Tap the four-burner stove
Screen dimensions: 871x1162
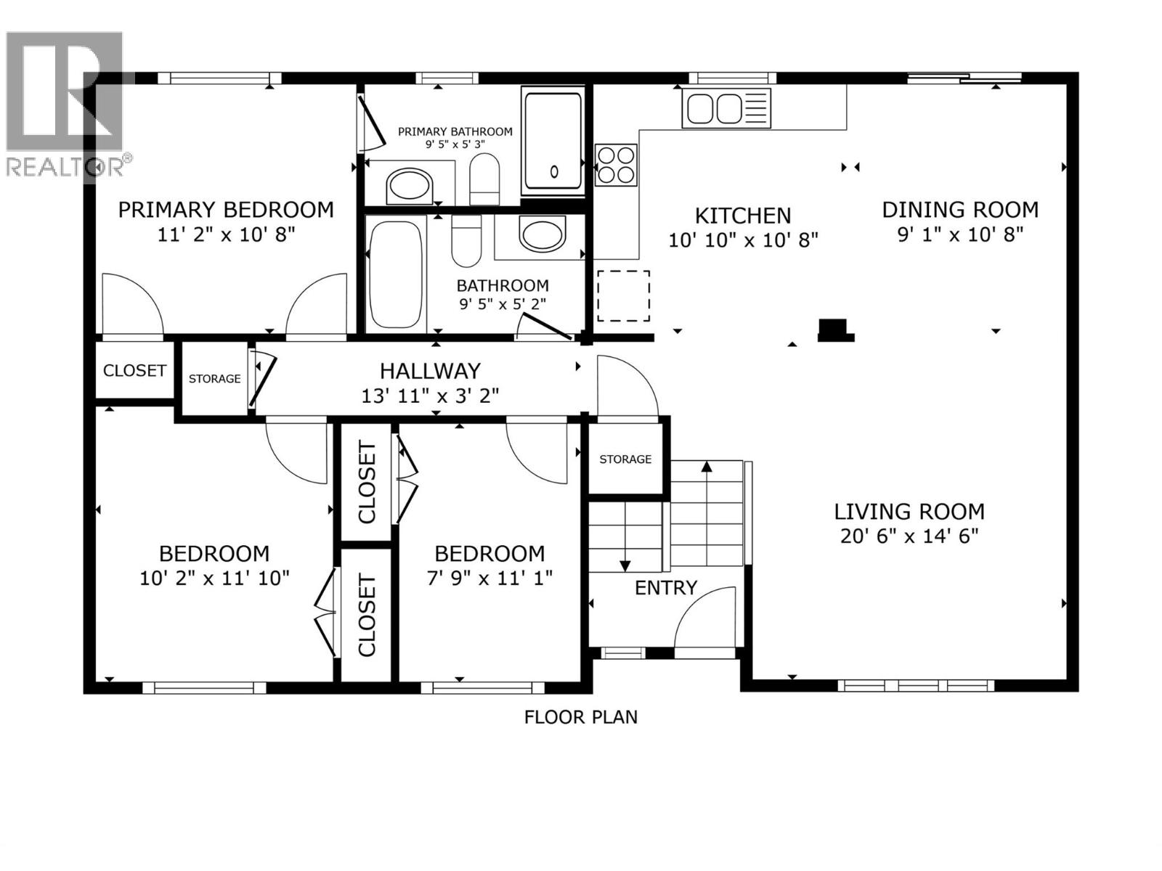click(616, 164)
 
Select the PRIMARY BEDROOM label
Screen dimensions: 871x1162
click(226, 210)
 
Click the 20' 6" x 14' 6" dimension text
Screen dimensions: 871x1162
click(909, 536)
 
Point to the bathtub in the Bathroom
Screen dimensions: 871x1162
click(396, 276)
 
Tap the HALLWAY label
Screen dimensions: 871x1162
click(430, 371)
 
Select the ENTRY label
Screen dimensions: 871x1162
click(665, 587)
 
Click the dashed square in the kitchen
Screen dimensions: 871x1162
click(623, 295)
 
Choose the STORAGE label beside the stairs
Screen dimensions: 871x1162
click(625, 459)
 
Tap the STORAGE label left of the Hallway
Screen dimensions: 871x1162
click(214, 378)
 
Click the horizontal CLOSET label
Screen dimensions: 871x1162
click(134, 370)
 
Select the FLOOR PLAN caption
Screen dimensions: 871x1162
click(580, 717)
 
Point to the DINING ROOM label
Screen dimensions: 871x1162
click(960, 210)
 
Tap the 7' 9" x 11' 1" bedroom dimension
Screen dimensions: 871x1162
click(489, 578)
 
